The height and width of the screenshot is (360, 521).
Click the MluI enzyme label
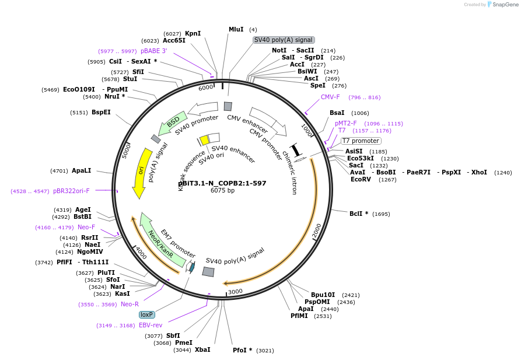click(236, 29)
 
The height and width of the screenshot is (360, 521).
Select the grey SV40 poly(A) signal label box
click(284, 40)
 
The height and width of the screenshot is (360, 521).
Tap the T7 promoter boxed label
click(361, 141)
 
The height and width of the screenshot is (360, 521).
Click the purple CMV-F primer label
click(330, 97)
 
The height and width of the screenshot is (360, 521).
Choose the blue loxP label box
click(146, 314)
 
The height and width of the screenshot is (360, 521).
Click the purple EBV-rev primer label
click(151, 325)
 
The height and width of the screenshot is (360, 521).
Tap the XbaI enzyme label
click(202, 349)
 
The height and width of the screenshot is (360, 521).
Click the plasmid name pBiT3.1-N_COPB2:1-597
click(222, 183)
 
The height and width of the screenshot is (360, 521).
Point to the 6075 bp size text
click(222, 191)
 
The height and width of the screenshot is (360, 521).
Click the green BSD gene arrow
click(173, 123)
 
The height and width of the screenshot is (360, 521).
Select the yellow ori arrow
click(141, 172)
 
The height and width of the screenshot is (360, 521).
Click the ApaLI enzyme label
click(82, 171)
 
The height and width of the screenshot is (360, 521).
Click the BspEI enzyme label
click(101, 112)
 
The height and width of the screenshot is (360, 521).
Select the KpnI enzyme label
click(193, 33)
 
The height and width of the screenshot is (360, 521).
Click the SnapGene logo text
click(505, 5)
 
